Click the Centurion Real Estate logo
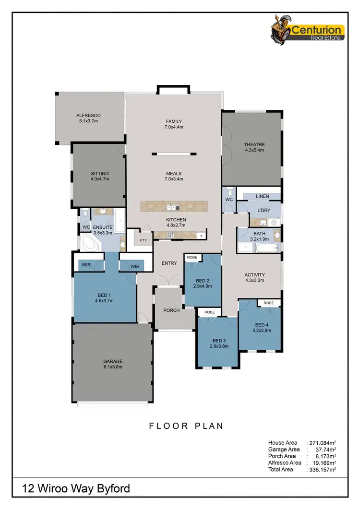point(308,33)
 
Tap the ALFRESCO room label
point(88,115)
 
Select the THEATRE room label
point(254,144)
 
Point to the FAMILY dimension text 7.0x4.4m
point(174,127)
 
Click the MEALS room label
point(174,174)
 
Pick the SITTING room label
point(100,174)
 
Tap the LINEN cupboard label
point(262,196)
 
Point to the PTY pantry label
point(143,239)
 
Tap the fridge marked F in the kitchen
point(201,236)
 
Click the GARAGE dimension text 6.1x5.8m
point(113,367)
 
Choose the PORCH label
point(171,310)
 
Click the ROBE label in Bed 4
point(269,303)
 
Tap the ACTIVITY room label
point(255,275)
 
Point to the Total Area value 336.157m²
point(321,470)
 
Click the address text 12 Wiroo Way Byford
point(76,489)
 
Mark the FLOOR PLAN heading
point(186,426)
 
